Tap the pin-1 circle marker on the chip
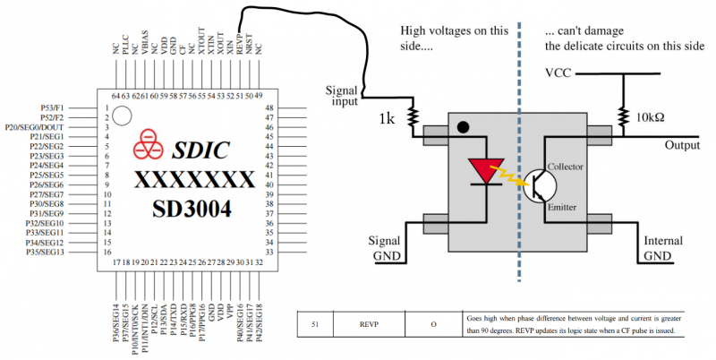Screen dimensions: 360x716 127,116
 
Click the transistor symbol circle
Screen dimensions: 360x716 538,185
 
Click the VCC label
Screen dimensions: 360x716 559,72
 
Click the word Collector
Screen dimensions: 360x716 567,167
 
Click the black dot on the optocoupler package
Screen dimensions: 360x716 462,127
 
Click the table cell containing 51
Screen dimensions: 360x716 314,324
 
